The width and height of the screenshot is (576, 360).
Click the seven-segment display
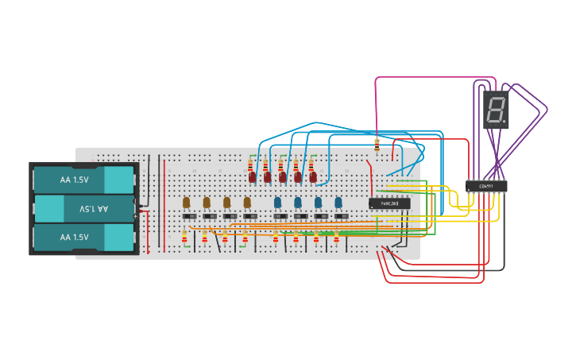click(x=496, y=110)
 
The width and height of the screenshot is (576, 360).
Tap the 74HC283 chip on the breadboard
click(x=389, y=203)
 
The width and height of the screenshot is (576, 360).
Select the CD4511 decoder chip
click(x=486, y=186)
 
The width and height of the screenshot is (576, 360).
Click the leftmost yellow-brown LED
click(x=186, y=202)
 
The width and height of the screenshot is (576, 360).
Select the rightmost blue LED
click(x=338, y=202)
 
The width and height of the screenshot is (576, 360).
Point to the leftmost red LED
click(x=252, y=177)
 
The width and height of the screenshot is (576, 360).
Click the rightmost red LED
click(x=313, y=176)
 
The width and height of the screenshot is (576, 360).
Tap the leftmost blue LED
click(x=278, y=202)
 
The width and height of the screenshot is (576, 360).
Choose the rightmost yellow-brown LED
click(x=247, y=202)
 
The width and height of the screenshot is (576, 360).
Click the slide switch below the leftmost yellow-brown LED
click(x=188, y=216)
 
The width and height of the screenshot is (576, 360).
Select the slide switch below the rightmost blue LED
click(x=340, y=216)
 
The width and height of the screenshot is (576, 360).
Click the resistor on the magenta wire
click(x=377, y=144)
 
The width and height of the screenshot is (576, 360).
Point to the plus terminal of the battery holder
click(x=136, y=215)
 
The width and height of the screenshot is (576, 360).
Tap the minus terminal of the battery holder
click(x=136, y=201)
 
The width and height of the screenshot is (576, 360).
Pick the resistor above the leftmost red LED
click(x=251, y=165)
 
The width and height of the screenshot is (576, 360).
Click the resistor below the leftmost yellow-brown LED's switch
click(x=185, y=237)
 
